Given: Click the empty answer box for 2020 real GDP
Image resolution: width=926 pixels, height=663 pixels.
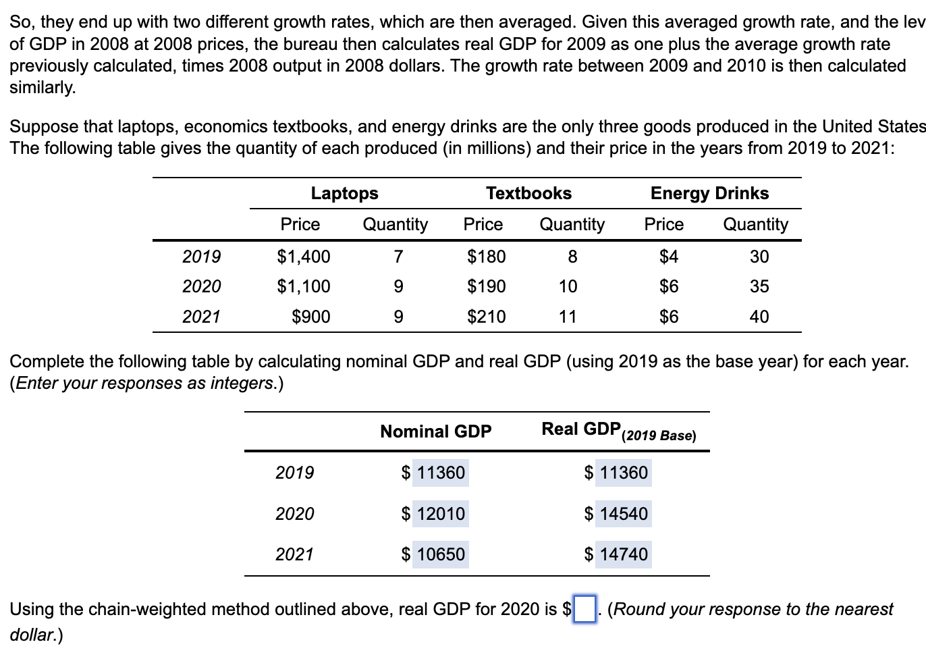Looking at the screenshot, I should (x=584, y=610).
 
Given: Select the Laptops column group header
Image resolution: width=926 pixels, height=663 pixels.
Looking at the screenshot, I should (x=344, y=194).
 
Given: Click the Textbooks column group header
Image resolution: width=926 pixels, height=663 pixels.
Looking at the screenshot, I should (x=528, y=194).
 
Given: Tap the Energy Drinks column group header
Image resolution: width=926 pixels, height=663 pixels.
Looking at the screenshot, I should (x=709, y=194).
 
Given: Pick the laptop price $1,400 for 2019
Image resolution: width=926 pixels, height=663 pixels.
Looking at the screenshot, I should (x=304, y=257).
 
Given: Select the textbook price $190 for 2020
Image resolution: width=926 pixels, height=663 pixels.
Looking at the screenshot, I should (x=486, y=287).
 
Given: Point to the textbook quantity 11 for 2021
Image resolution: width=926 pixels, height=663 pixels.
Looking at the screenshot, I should (x=568, y=317).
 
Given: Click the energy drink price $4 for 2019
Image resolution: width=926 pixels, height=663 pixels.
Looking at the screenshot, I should (x=668, y=257).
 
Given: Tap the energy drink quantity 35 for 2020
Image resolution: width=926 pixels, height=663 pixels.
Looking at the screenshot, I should (x=759, y=287).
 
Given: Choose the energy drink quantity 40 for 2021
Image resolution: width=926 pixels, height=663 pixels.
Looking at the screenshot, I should (x=759, y=317).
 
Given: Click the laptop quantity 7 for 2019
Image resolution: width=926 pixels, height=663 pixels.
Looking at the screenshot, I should (x=398, y=257).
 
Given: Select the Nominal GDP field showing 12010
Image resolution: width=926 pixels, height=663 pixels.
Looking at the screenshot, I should (x=440, y=514).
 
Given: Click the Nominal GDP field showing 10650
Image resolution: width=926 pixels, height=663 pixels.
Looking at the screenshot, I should (x=440, y=555).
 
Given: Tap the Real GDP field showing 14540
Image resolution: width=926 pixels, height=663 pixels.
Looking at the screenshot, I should (x=623, y=514).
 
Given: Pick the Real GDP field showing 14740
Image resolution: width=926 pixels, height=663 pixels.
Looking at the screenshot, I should (x=623, y=555).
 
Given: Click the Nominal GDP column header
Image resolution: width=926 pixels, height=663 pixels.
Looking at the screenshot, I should (x=435, y=431).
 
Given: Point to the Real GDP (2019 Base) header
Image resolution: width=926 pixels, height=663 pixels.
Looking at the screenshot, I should (x=618, y=431).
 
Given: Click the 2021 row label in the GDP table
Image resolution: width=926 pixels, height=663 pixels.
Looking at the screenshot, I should (x=294, y=555).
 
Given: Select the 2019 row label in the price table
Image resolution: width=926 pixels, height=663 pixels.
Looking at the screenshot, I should (x=201, y=257).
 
